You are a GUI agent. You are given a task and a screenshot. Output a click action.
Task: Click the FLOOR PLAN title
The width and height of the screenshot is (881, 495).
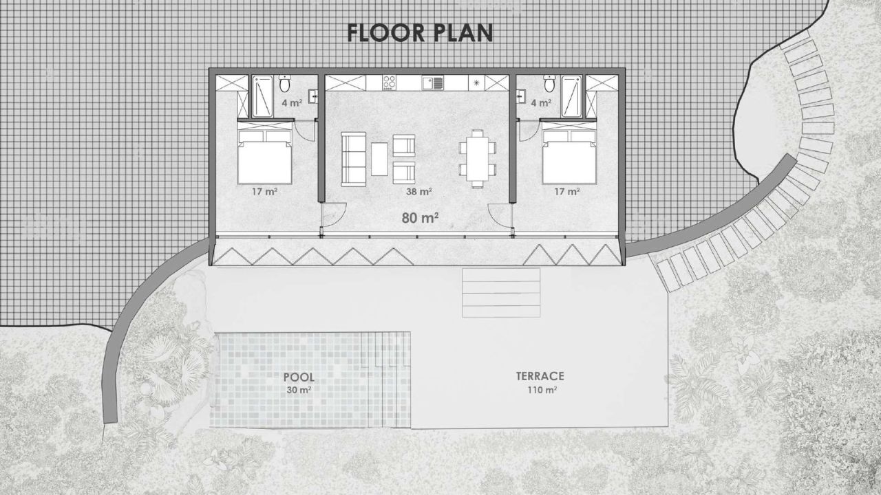420,32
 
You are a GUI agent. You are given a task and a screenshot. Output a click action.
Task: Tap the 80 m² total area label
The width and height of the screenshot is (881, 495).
420,218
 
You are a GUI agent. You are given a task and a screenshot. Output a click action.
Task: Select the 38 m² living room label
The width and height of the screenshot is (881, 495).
419,192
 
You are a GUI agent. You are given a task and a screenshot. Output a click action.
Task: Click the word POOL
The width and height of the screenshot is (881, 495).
299,377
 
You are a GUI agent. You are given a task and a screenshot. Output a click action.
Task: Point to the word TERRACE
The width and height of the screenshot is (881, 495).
540,376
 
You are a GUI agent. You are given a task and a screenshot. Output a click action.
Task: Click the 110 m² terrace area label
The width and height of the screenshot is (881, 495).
542,390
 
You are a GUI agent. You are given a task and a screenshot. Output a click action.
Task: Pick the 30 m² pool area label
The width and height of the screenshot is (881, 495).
299,390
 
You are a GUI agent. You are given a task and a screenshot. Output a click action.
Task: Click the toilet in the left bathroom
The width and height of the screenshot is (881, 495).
285,82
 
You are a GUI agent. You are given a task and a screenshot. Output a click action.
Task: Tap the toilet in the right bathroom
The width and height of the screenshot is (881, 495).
549,82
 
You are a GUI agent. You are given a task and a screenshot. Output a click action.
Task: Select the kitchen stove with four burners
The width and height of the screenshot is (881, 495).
389,83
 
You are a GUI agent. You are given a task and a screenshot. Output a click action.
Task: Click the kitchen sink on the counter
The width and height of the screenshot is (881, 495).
433,83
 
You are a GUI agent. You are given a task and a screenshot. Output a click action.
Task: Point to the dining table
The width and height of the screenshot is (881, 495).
478,159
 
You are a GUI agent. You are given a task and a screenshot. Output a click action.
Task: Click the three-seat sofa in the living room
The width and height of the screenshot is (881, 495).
353,159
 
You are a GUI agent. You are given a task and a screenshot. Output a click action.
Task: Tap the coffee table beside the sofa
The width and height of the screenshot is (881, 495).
379,159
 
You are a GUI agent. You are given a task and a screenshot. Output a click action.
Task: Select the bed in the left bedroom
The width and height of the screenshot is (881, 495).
265,157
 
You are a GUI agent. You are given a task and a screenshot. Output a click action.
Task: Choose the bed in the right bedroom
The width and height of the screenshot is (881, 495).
569,157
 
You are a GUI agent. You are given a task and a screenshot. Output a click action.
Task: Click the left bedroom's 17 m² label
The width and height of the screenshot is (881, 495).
265,192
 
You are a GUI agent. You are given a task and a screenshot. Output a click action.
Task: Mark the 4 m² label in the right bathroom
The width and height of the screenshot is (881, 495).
541,103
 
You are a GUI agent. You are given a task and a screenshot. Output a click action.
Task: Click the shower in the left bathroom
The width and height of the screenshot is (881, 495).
262,96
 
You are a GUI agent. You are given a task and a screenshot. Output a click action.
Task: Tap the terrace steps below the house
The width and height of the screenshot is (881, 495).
501,293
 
